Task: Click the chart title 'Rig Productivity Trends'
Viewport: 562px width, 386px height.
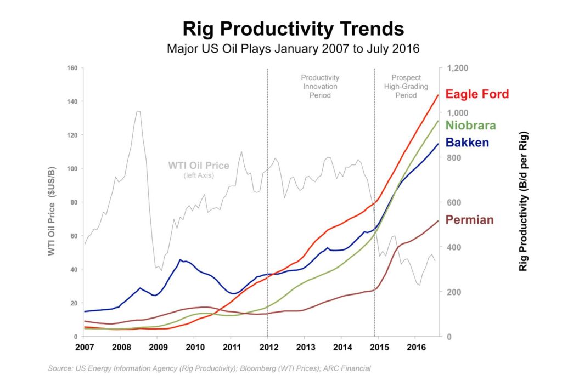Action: (x=293, y=29)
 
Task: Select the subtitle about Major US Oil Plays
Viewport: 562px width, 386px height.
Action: (x=293, y=49)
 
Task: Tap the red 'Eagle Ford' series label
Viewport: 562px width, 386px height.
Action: (x=477, y=94)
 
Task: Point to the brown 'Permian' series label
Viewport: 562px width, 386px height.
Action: (x=469, y=220)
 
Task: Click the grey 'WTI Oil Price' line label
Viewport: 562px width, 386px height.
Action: (x=199, y=166)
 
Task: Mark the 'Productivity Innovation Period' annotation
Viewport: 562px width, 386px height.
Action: (x=320, y=86)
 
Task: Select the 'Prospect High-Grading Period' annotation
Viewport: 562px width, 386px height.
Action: (x=406, y=86)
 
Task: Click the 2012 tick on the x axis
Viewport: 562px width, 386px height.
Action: (x=267, y=347)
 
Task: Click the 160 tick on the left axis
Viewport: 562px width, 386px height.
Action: (x=72, y=68)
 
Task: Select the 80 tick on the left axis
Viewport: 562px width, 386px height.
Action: (x=74, y=202)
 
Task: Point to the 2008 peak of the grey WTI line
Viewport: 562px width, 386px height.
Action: (x=138, y=111)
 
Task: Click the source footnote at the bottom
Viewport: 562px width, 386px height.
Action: (x=209, y=368)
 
